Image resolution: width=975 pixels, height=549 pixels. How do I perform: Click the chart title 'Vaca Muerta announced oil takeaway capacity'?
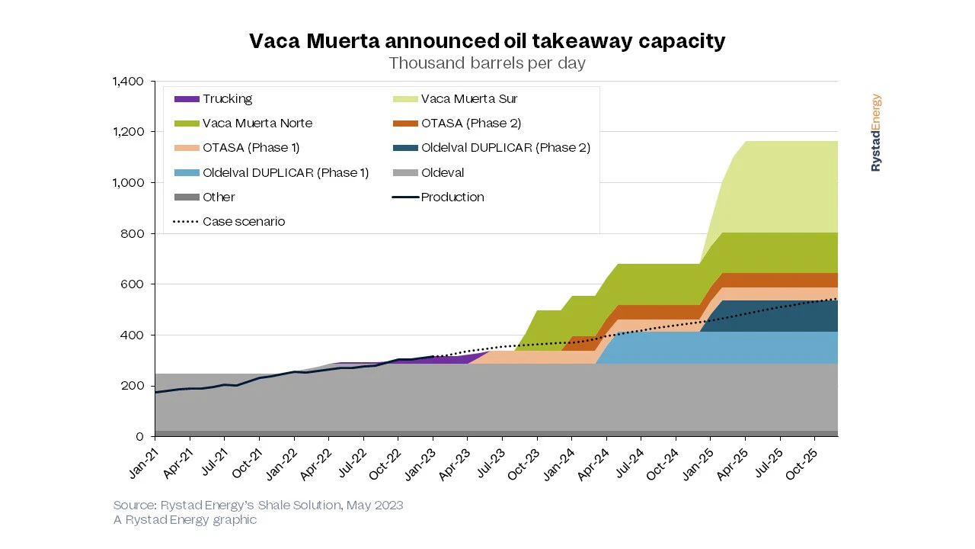click(x=487, y=41)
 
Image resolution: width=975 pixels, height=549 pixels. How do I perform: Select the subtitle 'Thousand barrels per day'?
click(x=487, y=63)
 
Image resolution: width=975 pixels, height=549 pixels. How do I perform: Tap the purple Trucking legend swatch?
click(x=187, y=99)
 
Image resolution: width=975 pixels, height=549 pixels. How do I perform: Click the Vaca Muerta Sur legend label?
click(x=469, y=99)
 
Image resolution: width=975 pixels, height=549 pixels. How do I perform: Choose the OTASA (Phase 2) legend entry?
click(x=471, y=124)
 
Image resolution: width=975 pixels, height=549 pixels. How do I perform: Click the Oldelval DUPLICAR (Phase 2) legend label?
click(x=506, y=148)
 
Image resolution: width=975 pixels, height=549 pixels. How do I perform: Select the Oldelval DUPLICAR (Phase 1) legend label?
click(x=286, y=173)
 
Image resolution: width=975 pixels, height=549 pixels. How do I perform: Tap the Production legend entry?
click(x=452, y=197)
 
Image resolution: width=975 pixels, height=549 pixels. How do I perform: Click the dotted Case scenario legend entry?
click(x=244, y=222)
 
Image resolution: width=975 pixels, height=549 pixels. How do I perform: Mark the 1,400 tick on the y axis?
click(x=129, y=82)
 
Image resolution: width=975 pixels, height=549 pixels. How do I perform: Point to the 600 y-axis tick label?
click(x=134, y=284)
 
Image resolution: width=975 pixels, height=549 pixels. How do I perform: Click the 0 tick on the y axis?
click(x=140, y=437)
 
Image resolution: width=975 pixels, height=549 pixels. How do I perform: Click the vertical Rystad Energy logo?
click(x=876, y=133)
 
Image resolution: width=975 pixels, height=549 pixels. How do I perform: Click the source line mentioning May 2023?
click(x=258, y=505)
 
